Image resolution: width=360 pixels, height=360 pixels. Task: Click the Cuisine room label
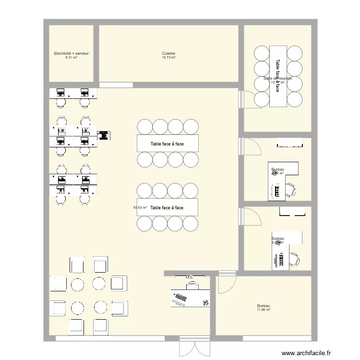pyautogui.click(x=168, y=53)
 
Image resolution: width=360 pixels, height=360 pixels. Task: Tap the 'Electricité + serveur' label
pyautogui.click(x=71, y=53)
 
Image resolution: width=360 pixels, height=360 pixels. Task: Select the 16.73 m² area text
pyautogui.click(x=168, y=58)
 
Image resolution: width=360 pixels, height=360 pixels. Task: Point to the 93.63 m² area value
pyautogui.click(x=140, y=208)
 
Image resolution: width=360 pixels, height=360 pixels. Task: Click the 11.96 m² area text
pyautogui.click(x=263, y=310)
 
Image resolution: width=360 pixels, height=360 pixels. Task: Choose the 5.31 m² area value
pyautogui.click(x=71, y=58)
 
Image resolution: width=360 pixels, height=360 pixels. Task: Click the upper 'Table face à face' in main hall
pyautogui.click(x=168, y=144)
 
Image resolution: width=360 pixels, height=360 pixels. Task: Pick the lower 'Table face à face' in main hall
pyautogui.click(x=168, y=207)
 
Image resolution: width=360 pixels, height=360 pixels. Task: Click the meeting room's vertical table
pyautogui.click(x=278, y=76)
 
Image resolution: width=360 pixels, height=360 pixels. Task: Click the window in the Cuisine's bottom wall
pyautogui.click(x=116, y=85)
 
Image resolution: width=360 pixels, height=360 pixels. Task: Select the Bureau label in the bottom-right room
pyautogui.click(x=263, y=306)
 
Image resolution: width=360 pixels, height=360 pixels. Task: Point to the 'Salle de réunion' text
pyautogui.click(x=278, y=78)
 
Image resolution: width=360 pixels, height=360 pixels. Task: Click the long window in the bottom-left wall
pyautogui.click(x=108, y=338)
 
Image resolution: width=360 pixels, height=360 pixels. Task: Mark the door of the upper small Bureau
pyautogui.click(x=250, y=146)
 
